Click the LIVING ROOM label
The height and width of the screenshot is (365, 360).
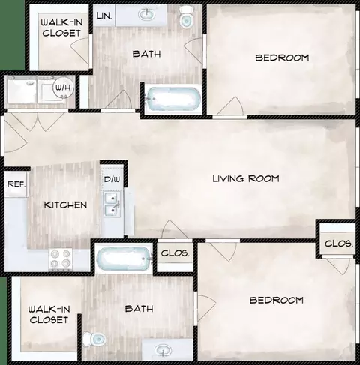click(246, 178)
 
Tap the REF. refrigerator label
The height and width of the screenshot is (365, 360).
click(16, 184)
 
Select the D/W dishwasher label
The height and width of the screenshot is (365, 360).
click(112, 179)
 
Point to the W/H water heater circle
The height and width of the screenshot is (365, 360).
click(64, 88)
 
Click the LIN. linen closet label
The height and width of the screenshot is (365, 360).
click(104, 16)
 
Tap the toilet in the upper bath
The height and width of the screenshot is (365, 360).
click(186, 17)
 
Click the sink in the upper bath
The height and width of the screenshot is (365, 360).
click(147, 14)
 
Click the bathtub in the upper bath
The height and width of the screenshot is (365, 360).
click(173, 100)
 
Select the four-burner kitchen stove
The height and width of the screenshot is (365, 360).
click(60, 259)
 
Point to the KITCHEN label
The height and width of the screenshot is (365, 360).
click(65, 205)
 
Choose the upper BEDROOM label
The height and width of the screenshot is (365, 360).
click(282, 58)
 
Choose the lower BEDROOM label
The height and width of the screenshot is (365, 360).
click(277, 300)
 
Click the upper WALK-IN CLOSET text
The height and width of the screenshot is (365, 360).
click(61, 28)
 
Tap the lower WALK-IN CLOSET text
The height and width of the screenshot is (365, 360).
click(49, 315)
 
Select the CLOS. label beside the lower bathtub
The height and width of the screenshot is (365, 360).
click(175, 253)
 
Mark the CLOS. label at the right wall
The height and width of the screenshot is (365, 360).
click(339, 244)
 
